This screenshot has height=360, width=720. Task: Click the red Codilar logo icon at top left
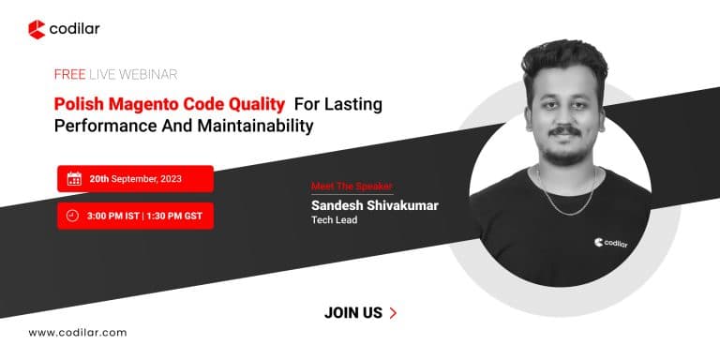pyautogui.click(x=37, y=30)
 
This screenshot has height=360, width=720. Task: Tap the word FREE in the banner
pyautogui.click(x=70, y=74)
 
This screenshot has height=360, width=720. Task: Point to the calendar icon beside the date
pyautogui.click(x=73, y=178)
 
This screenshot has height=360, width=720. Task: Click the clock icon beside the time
pyautogui.click(x=73, y=216)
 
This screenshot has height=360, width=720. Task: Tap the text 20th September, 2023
pyautogui.click(x=135, y=178)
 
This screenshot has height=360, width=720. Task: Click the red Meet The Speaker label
pyautogui.click(x=352, y=186)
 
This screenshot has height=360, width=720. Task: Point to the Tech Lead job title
pyautogui.click(x=336, y=221)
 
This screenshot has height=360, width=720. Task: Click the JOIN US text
pyautogui.click(x=353, y=313)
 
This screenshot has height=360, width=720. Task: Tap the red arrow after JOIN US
pyautogui.click(x=392, y=313)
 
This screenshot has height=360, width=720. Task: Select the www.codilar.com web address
pyautogui.click(x=77, y=333)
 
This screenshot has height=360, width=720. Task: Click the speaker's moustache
pyautogui.click(x=563, y=130)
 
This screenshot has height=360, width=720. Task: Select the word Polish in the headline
pyautogui.click(x=78, y=103)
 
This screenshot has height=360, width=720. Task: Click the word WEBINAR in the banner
pyautogui.click(x=149, y=74)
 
